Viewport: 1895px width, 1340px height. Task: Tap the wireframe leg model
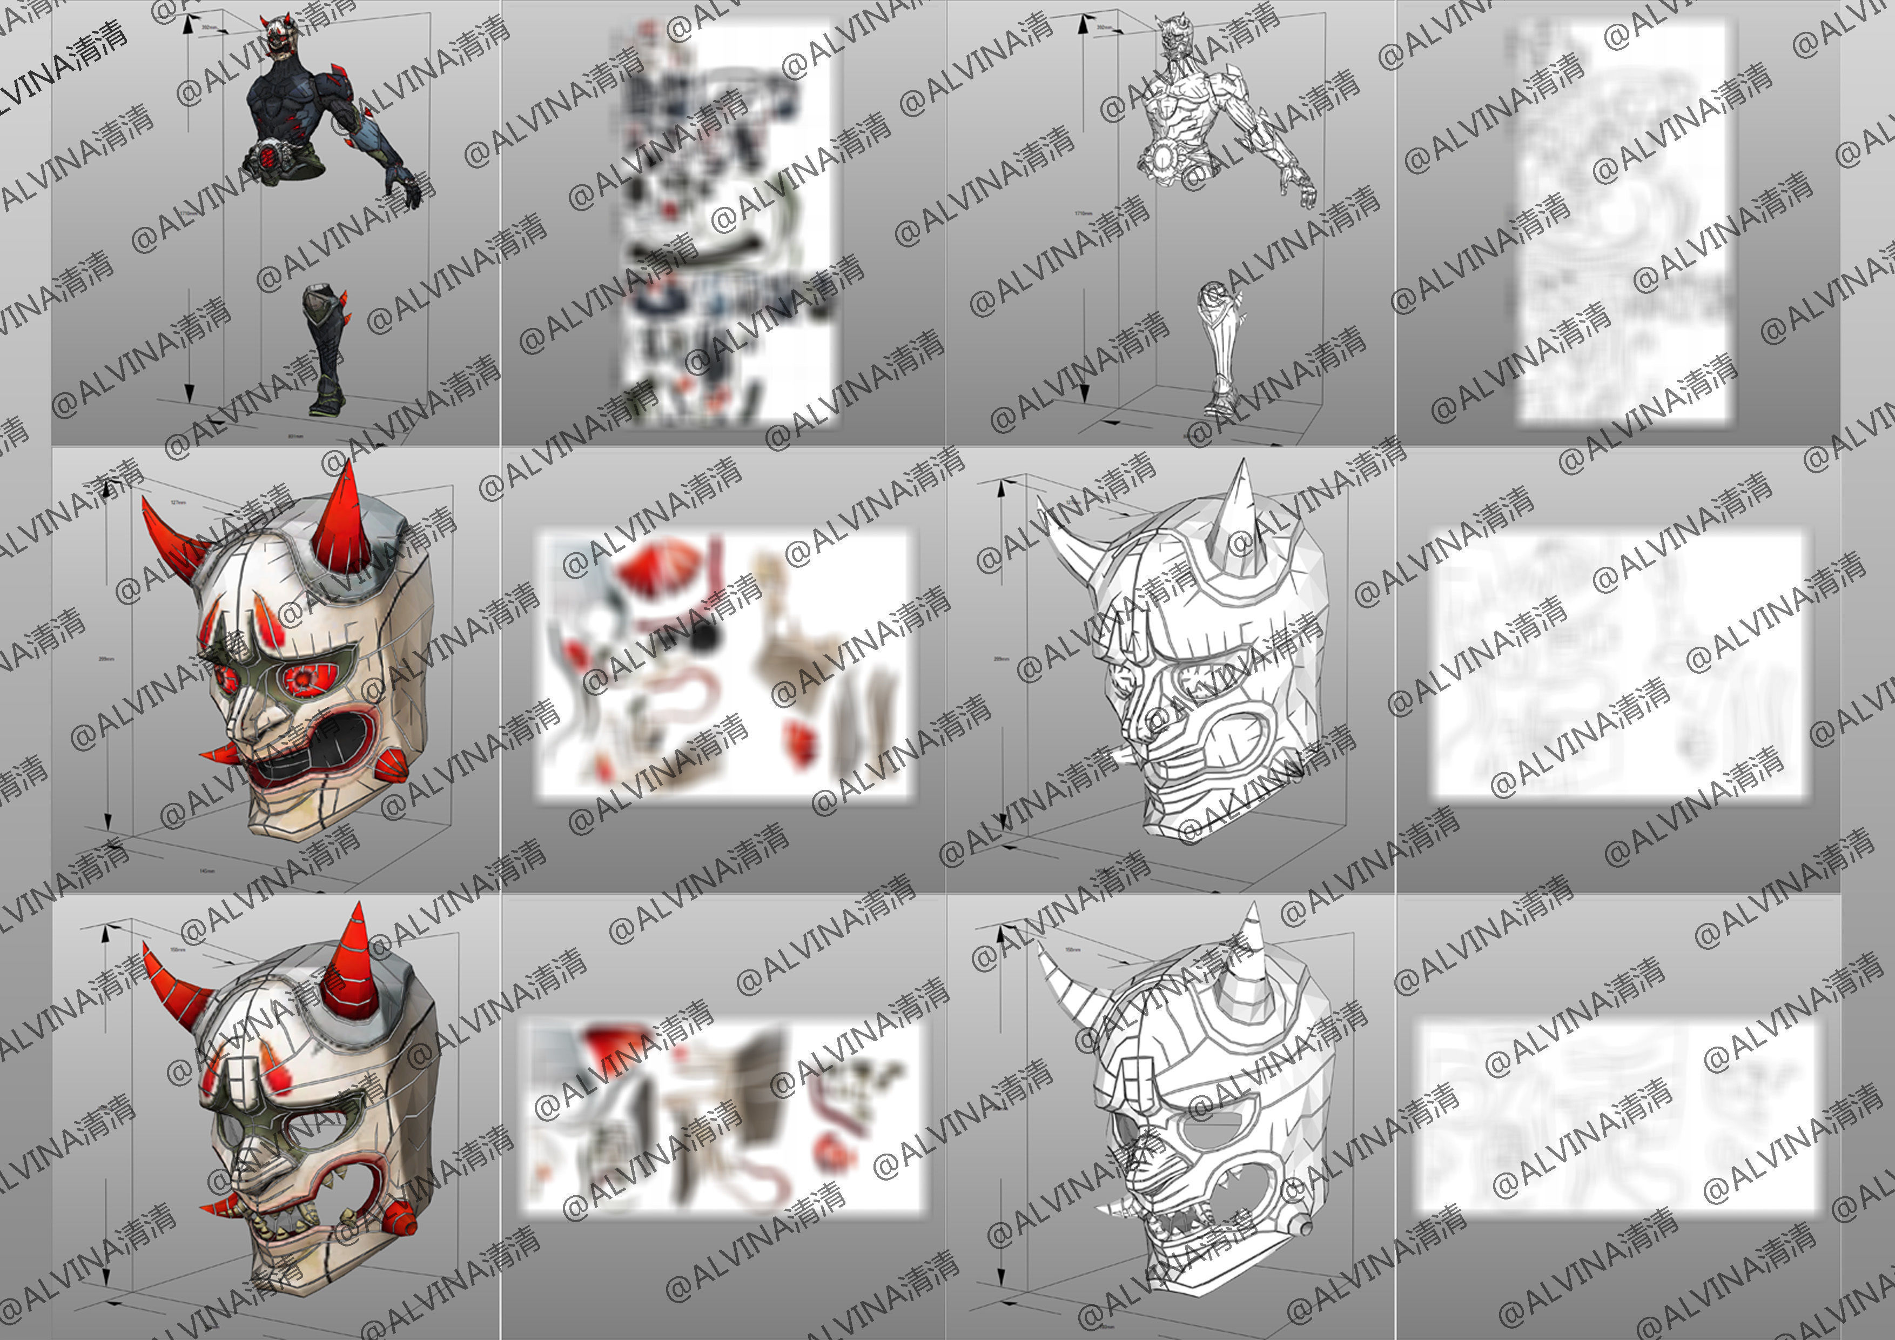[1220, 347]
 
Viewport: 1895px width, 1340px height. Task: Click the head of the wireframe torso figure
[1174, 37]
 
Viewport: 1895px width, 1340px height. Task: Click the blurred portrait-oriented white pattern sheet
[1622, 223]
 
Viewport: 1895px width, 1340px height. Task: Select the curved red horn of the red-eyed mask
[169, 537]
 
